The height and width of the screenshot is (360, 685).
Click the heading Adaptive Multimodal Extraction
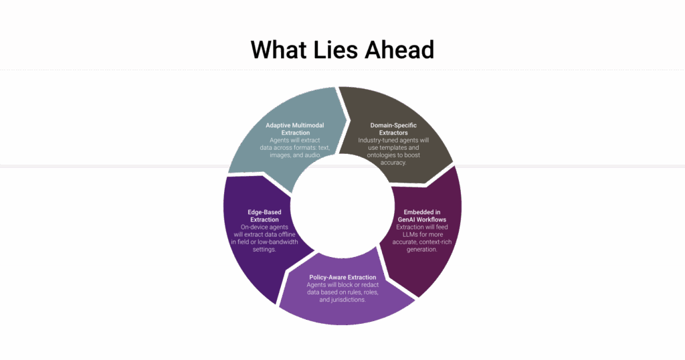pos(290,129)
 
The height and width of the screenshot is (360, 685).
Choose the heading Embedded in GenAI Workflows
pos(417,216)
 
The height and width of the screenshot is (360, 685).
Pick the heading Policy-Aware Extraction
pos(342,277)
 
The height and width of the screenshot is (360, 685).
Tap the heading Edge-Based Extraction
pos(264,216)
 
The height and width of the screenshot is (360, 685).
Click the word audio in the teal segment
pos(309,155)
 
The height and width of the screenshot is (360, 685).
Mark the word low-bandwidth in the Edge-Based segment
pos(276,242)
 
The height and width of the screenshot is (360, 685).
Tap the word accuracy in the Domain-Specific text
pos(393,163)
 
